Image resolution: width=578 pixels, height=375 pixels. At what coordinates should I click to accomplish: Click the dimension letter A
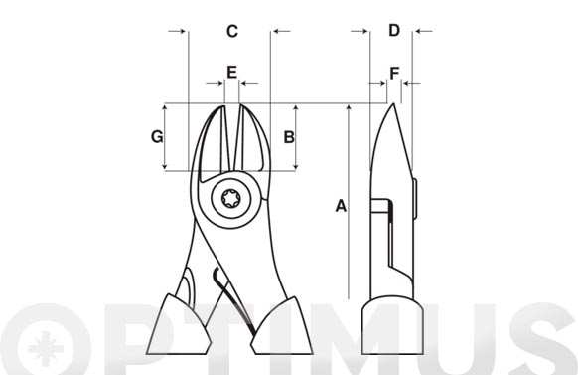click(341, 206)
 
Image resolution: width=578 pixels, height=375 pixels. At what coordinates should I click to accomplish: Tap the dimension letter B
click(289, 137)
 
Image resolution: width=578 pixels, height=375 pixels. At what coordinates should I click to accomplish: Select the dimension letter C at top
click(232, 31)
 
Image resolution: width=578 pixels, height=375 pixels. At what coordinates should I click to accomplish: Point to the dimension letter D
click(394, 30)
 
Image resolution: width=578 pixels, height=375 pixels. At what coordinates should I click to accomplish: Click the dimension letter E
click(231, 72)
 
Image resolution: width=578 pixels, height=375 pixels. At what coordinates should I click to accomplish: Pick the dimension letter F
click(394, 74)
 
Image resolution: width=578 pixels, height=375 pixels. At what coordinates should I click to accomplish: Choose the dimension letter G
click(157, 136)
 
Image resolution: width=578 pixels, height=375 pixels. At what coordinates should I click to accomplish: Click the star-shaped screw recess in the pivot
click(231, 199)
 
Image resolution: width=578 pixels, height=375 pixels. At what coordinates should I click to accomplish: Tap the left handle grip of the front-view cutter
click(179, 326)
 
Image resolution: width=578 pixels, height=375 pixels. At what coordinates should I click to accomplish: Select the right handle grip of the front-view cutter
click(282, 327)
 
